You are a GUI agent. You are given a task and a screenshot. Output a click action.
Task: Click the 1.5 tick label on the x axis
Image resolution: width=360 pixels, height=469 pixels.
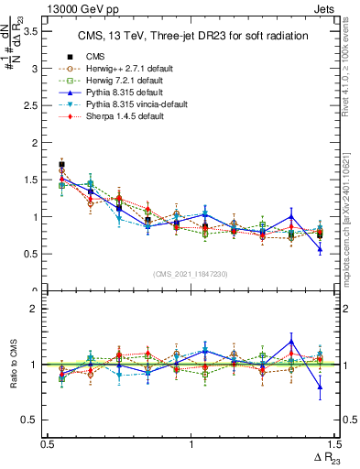333,443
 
